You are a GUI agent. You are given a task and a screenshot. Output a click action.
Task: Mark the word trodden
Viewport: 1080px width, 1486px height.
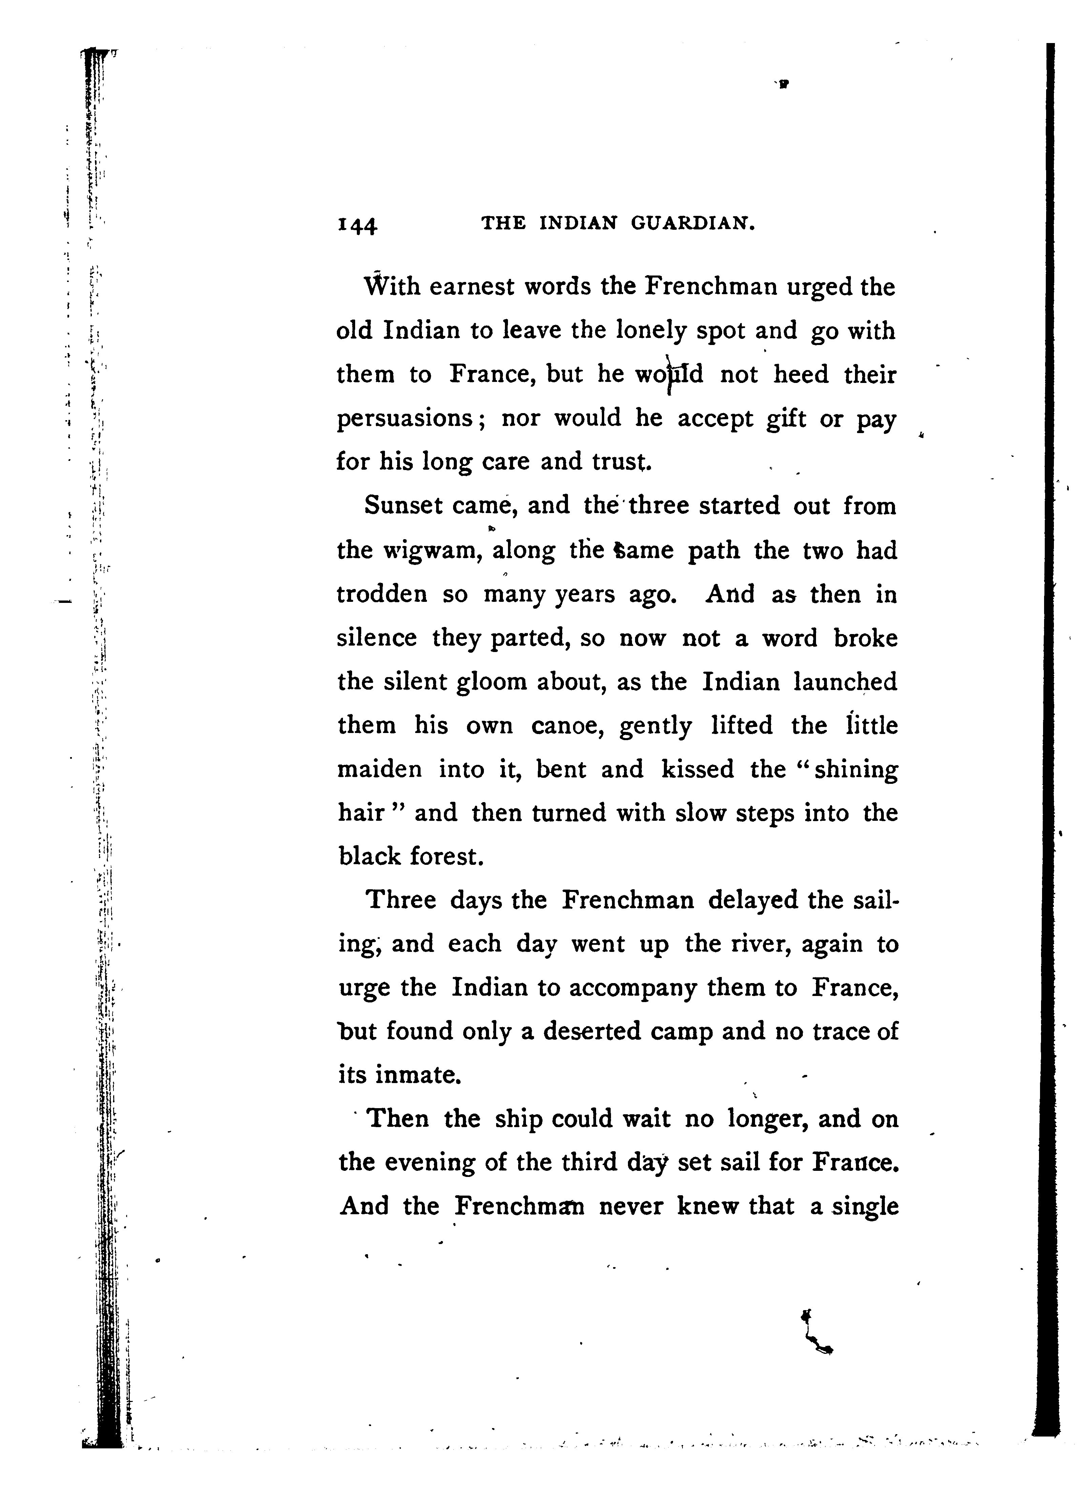[x=382, y=595]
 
